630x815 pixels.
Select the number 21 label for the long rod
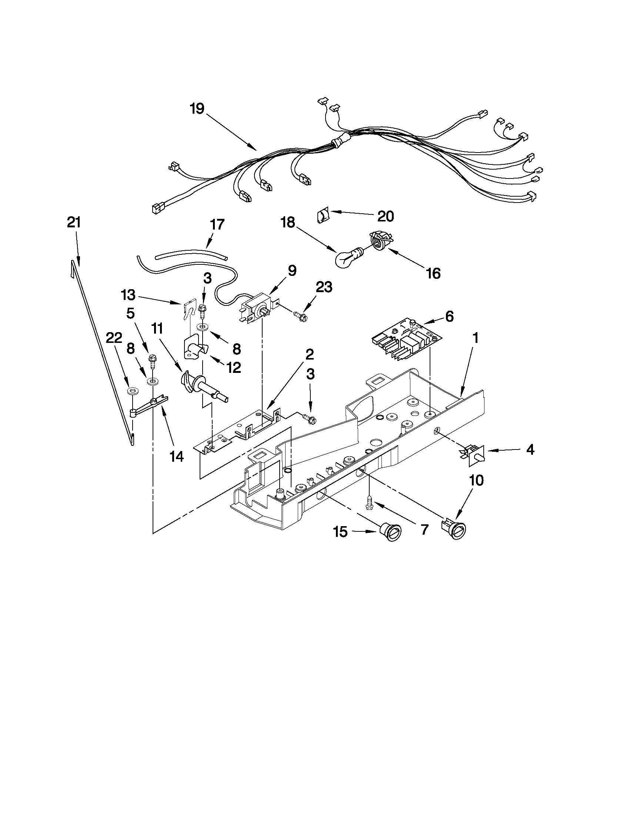coord(74,223)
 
